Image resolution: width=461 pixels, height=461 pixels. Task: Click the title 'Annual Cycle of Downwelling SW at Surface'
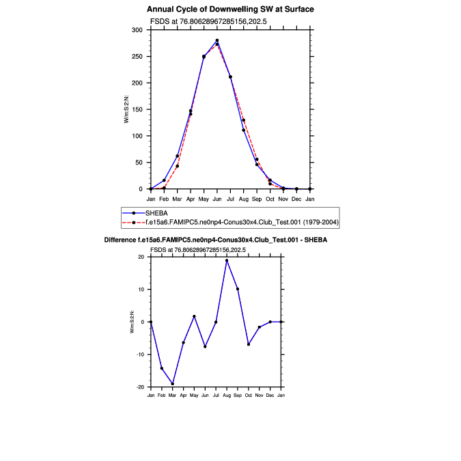click(230, 10)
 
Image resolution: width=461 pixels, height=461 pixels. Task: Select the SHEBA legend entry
click(157, 213)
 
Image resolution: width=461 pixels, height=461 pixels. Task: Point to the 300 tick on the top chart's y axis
click(137, 30)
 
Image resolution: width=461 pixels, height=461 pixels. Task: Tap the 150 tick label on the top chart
click(137, 109)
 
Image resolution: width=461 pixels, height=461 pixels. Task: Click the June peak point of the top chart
click(217, 40)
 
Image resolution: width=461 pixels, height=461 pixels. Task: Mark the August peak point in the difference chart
click(227, 260)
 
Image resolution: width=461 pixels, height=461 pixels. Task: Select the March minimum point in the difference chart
click(172, 384)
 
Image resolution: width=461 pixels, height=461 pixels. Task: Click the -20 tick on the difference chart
click(140, 387)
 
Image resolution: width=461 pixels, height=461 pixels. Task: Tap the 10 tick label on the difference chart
click(141, 290)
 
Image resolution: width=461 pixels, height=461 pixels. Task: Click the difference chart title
click(215, 240)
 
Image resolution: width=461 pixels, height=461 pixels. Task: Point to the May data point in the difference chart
click(194, 316)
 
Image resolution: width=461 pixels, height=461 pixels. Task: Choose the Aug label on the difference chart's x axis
click(227, 396)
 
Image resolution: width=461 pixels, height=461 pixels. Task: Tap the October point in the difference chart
click(249, 344)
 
